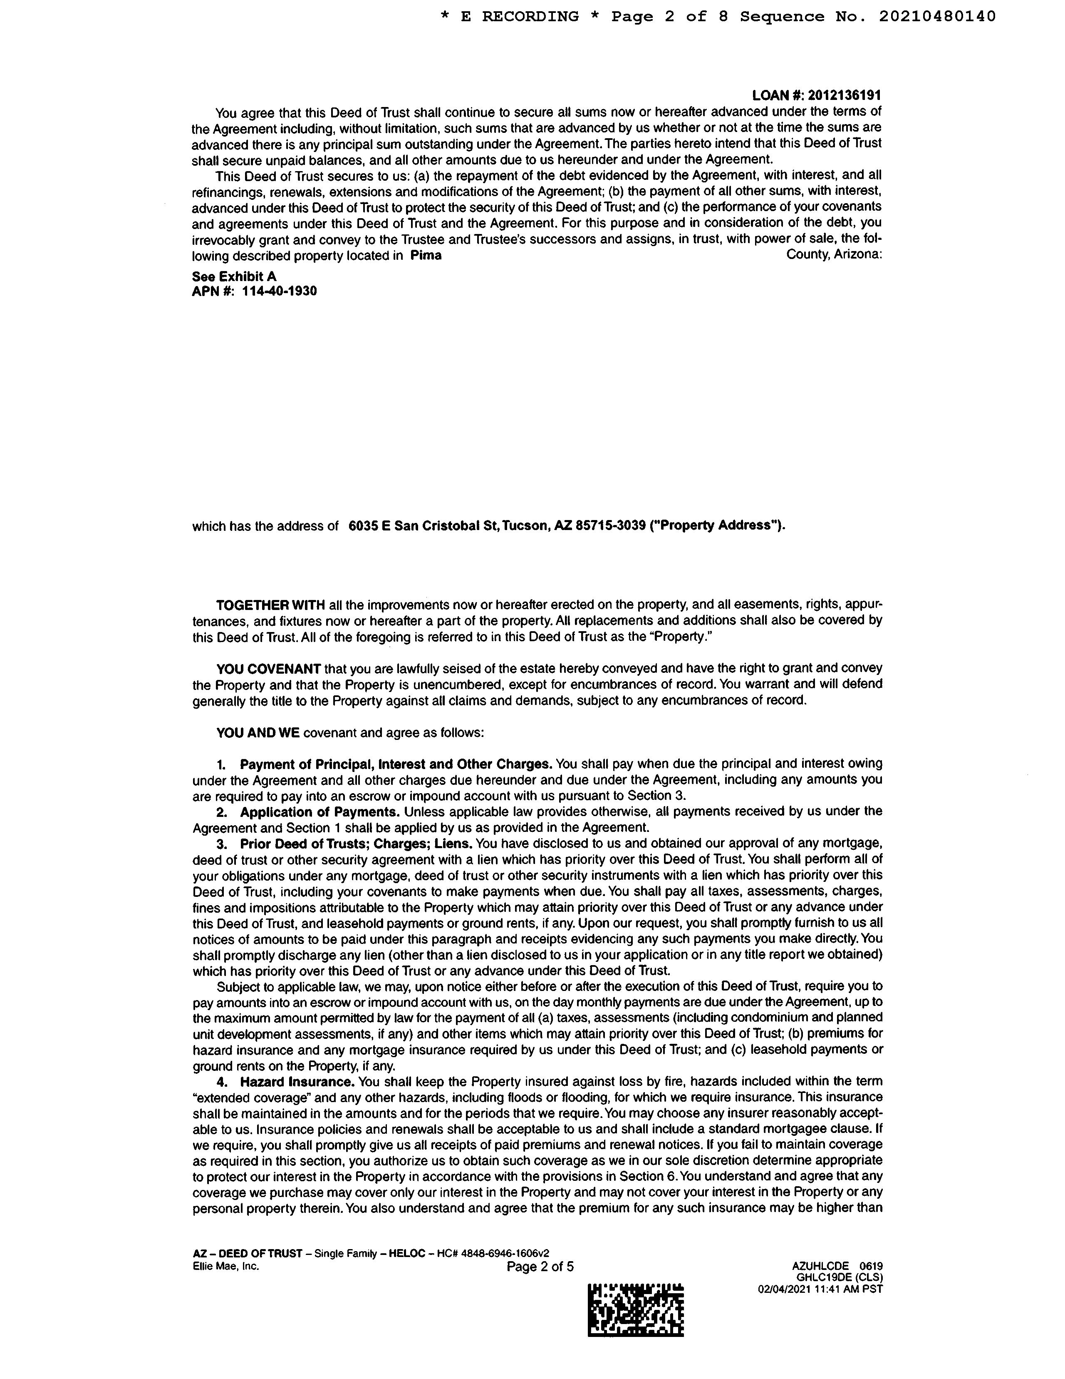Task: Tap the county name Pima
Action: pos(426,256)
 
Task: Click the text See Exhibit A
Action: pos(234,276)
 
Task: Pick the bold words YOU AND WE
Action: pos(258,733)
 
